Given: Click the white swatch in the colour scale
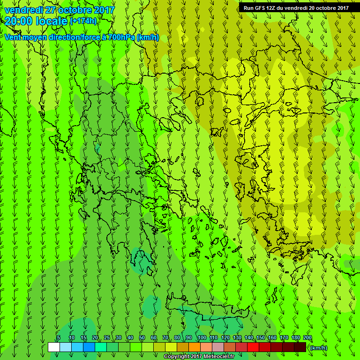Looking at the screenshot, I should click(x=54, y=347).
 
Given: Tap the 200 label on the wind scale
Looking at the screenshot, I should click(x=307, y=337).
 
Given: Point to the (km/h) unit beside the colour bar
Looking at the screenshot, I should click(x=319, y=348).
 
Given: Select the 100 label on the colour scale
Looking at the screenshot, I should click(x=202, y=337).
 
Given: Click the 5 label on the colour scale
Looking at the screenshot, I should click(x=59, y=337).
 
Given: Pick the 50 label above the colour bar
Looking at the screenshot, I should click(x=142, y=337).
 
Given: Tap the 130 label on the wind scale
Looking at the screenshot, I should click(x=237, y=337).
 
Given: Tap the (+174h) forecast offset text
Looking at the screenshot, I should click(x=83, y=21).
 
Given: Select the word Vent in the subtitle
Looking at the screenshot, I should click(x=13, y=37).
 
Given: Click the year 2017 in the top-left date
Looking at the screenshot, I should click(x=104, y=10).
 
